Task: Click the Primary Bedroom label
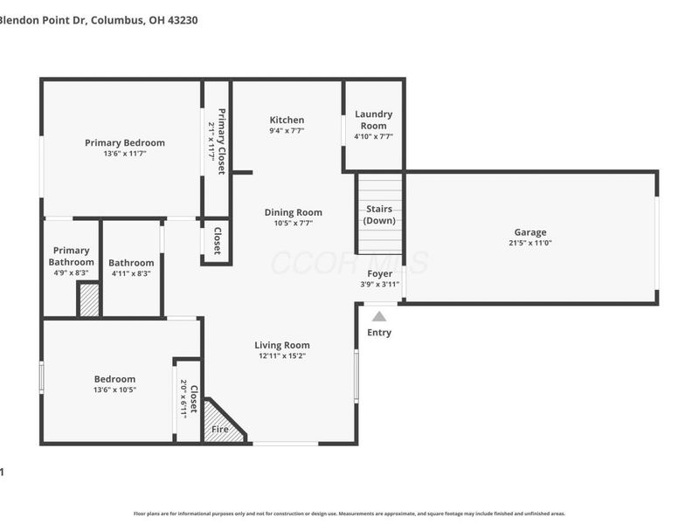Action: [124, 142]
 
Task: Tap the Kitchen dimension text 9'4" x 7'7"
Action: [287, 132]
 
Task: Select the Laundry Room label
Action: [373, 120]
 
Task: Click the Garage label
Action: [529, 232]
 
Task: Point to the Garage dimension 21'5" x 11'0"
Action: [529, 244]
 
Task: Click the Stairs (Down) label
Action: [379, 215]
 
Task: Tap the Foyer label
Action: [379, 273]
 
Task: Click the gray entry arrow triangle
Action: [379, 316]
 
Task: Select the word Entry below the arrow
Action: [379, 333]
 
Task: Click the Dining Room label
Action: [294, 212]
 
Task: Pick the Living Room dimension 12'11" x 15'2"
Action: [282, 355]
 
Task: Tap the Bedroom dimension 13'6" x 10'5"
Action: [114, 390]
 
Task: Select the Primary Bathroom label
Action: [71, 256]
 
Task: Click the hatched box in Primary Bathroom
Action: [88, 300]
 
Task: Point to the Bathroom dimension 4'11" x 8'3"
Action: [131, 273]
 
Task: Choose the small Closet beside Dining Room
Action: [217, 241]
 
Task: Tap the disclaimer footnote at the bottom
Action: [349, 514]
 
